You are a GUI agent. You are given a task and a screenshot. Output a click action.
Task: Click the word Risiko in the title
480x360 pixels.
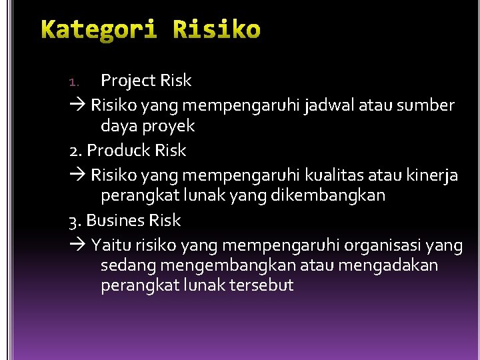tap(217, 31)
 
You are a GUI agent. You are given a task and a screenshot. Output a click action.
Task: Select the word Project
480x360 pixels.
tap(128, 81)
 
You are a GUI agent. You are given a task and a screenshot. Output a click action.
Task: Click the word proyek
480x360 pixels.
tap(167, 126)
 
